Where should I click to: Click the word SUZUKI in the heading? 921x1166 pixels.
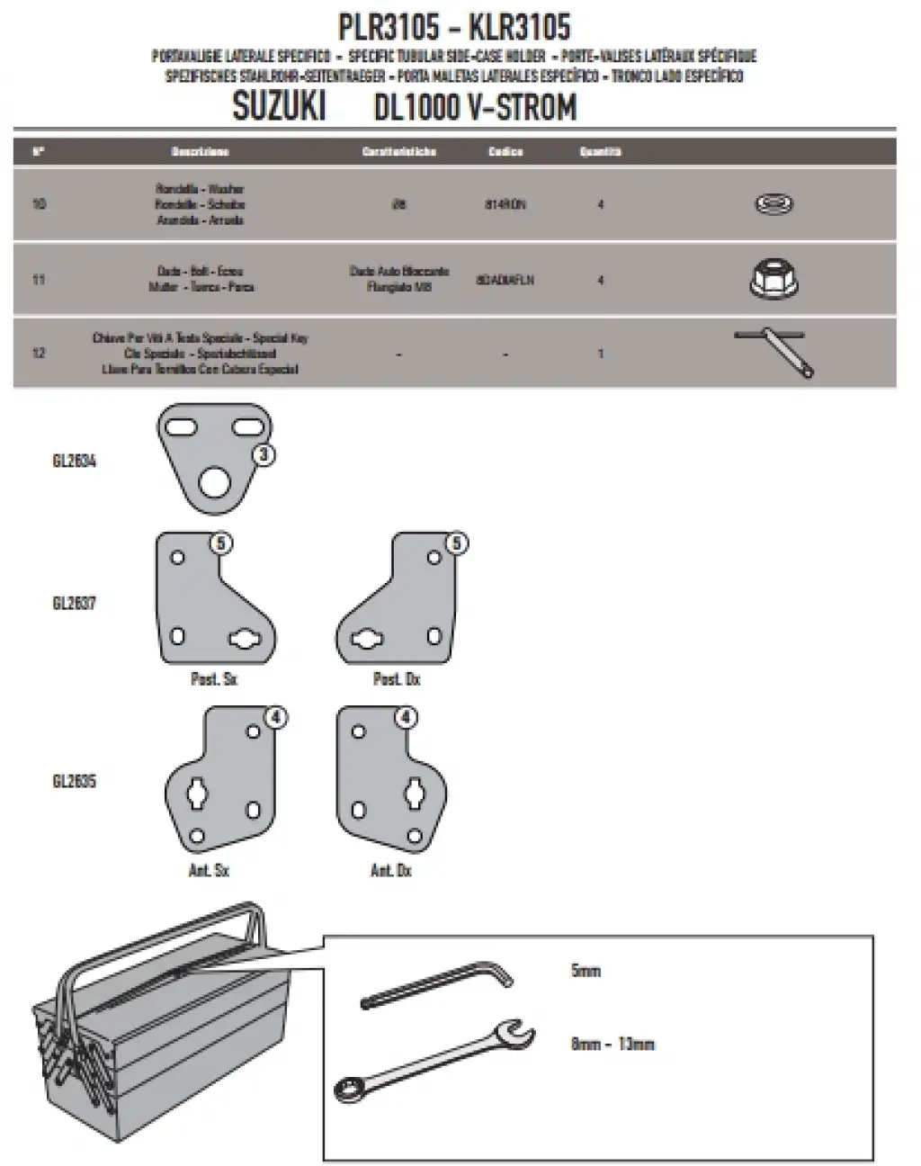(x=279, y=108)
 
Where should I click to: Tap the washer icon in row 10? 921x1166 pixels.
(x=773, y=205)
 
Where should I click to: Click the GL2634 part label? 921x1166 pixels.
(x=75, y=462)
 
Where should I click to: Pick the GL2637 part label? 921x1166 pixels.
(x=75, y=603)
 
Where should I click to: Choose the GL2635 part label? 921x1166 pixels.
(x=75, y=781)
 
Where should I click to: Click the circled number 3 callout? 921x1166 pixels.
(x=264, y=456)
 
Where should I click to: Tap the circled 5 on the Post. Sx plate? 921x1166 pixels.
(x=222, y=543)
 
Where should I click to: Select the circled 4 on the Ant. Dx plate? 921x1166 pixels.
(x=407, y=718)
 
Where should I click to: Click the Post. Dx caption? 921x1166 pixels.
(x=397, y=679)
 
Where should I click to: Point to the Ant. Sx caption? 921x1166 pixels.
(x=210, y=871)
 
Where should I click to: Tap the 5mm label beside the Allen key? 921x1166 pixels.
(x=586, y=972)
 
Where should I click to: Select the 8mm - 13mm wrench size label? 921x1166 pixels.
(x=613, y=1045)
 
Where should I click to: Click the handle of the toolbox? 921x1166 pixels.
(x=171, y=940)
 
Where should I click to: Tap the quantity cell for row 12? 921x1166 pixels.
(x=600, y=354)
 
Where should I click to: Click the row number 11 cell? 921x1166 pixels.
(x=39, y=280)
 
